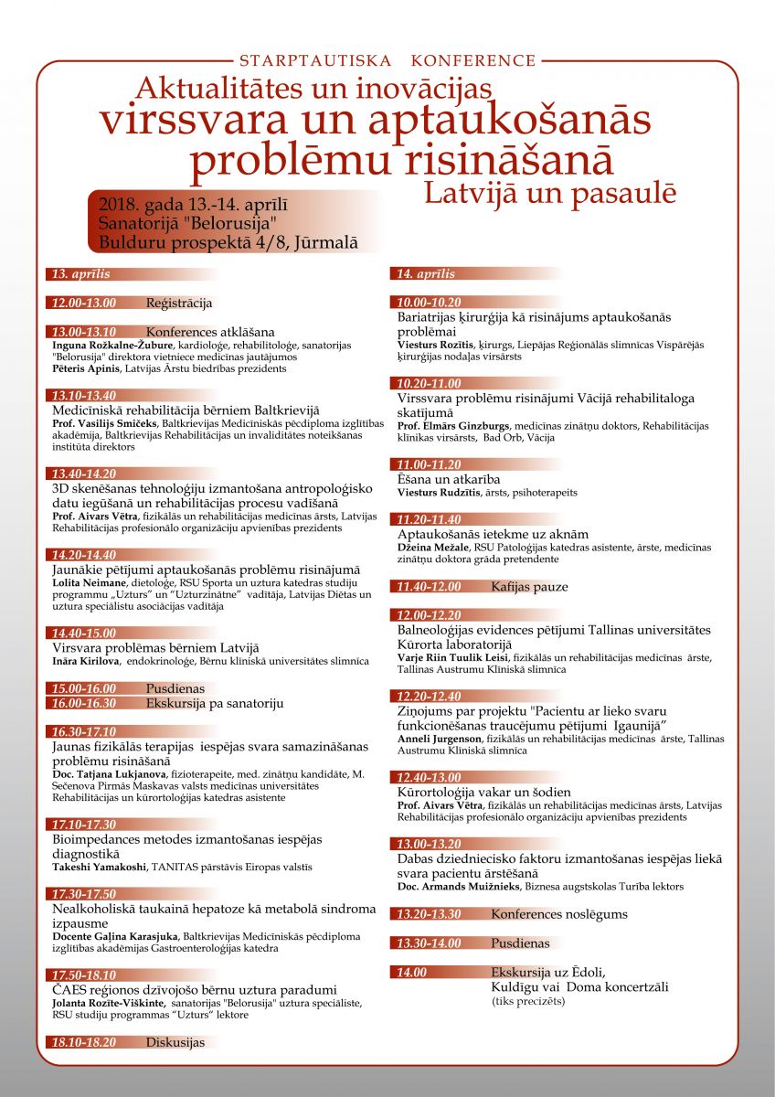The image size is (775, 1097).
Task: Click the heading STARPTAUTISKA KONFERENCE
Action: tap(387, 61)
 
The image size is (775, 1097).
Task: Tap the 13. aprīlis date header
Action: tap(80, 274)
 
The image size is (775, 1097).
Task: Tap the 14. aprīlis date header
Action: tap(426, 274)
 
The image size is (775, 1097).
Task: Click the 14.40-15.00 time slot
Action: tap(84, 633)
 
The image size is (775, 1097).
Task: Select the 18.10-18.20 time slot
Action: tap(84, 1042)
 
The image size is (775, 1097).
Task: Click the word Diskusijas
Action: tap(175, 1042)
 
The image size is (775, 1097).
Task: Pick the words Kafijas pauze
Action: tap(529, 587)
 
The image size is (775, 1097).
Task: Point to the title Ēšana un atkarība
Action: tap(449, 479)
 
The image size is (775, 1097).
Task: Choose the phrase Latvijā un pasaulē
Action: tap(550, 193)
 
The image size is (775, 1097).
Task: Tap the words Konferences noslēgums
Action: tap(559, 914)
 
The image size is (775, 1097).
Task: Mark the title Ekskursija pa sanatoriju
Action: tap(215, 704)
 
